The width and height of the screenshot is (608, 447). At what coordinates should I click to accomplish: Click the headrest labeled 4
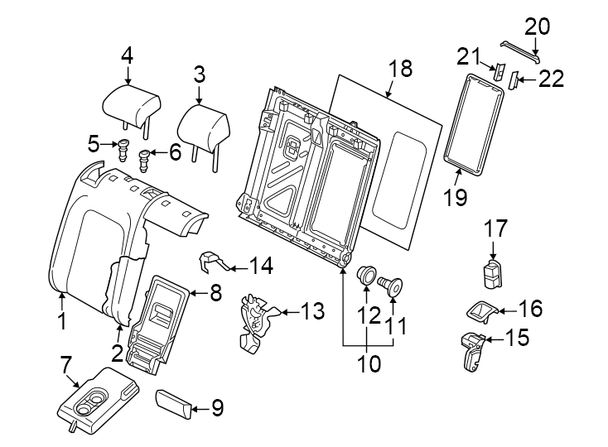(131, 104)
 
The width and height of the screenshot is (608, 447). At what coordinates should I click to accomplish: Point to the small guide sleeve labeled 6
(146, 157)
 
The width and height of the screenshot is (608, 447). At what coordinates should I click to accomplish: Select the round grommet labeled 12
(365, 275)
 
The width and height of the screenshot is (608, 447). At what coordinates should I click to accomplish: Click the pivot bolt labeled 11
(390, 286)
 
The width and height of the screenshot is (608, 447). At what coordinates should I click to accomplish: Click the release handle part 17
(493, 272)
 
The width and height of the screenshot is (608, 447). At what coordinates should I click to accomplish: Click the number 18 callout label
(400, 69)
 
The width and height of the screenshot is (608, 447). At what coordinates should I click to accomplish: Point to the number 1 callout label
(60, 320)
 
